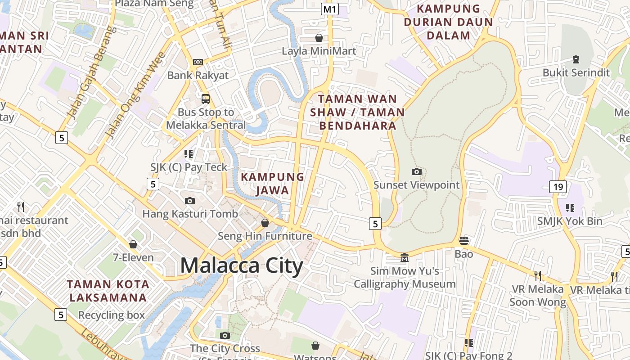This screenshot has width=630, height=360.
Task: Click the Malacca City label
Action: [242, 265]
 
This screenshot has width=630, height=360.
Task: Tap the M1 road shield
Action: [330, 9]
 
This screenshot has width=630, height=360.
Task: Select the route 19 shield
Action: [558, 187]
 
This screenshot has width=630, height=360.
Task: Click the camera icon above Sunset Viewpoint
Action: [417, 171]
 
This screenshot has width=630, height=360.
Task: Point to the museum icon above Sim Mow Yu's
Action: [405, 257]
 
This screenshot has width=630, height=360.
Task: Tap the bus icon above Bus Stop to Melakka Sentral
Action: [206, 99]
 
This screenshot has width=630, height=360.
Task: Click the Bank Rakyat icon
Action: [198, 62]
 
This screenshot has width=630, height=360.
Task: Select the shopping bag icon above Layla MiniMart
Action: [319, 38]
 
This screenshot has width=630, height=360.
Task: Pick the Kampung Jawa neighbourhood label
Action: [273, 184]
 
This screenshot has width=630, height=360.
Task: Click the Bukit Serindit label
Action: [576, 72]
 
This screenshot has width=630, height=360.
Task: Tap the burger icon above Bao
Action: [464, 241]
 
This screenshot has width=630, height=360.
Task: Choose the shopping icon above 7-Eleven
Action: [133, 244]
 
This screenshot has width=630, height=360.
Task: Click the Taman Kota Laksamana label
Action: [108, 291]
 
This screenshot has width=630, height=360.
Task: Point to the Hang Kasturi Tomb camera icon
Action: [190, 201]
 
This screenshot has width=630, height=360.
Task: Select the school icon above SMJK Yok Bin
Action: [570, 207]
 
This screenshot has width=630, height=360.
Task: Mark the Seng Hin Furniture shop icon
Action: [265, 223]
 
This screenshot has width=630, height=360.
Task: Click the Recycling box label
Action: [112, 315]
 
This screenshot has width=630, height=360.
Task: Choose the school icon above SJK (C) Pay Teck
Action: [189, 154]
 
